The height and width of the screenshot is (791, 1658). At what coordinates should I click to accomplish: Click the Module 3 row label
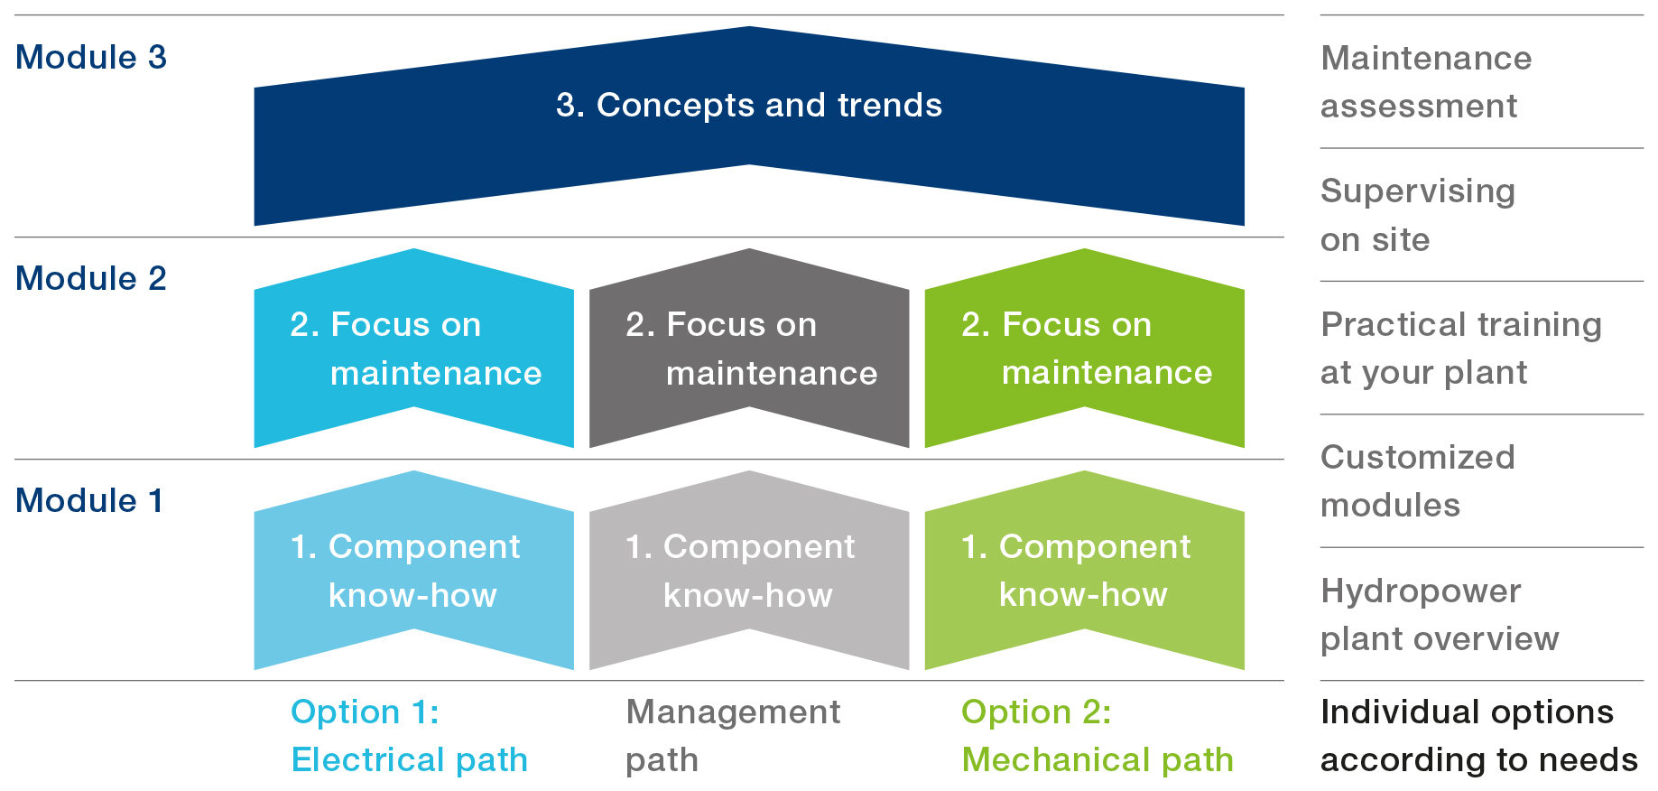click(91, 57)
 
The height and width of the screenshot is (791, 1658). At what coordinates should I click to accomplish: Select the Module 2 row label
click(91, 278)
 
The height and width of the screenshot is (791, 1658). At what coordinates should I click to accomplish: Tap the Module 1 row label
click(89, 500)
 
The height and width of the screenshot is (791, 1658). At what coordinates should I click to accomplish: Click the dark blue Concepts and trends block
click(749, 126)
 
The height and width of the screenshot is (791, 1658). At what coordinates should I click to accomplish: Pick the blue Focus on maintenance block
click(413, 349)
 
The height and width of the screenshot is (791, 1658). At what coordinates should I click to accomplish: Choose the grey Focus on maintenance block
click(749, 349)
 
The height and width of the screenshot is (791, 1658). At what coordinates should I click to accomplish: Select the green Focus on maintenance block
click(1085, 349)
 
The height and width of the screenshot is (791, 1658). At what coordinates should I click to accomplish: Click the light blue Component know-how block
click(413, 571)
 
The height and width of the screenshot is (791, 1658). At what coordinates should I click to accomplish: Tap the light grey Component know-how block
click(749, 571)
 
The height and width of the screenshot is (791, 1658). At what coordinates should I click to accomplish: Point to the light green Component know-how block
click(1085, 571)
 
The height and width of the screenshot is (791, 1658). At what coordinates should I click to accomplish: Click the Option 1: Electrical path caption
click(409, 736)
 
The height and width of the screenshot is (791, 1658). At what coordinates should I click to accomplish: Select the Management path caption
click(733, 736)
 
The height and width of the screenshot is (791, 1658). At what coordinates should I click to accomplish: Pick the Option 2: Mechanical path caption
click(1098, 736)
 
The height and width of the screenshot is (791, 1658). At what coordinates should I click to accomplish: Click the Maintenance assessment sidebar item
click(1426, 82)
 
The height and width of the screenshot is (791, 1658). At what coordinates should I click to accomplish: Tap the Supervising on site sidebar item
click(1418, 215)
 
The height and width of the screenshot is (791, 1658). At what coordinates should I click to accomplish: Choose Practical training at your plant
click(1461, 349)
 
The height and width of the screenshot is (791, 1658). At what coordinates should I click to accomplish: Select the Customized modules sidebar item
click(1418, 481)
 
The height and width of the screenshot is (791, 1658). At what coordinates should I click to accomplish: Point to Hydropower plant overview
click(1440, 615)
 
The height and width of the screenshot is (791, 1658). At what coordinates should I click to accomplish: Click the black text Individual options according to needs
click(1479, 736)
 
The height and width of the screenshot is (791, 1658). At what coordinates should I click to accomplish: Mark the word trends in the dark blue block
click(890, 106)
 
